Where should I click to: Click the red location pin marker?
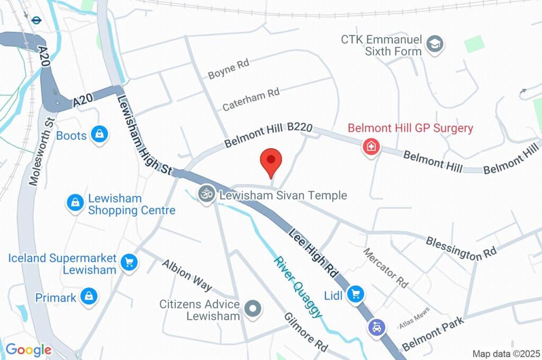click(272, 160)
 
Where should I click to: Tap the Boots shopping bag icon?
click(99, 134)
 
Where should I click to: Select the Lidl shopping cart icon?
click(355, 294)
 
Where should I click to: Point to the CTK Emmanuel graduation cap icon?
click(435, 44)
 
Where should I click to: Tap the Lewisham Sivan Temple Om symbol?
click(205, 194)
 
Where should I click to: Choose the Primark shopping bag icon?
click(89, 297)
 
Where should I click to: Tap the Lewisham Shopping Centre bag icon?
click(75, 202)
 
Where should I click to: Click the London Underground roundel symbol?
click(36, 20)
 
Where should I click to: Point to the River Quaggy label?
click(297, 286)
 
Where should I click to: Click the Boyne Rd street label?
click(228, 69)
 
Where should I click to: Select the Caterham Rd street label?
click(250, 100)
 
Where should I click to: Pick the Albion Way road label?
click(186, 275)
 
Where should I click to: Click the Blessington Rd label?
click(461, 248)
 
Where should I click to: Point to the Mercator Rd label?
click(386, 267)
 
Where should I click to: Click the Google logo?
click(29, 350)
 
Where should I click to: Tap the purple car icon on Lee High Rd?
click(376, 328)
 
